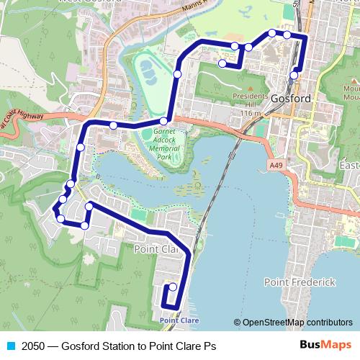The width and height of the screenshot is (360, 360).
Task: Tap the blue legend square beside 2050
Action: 10,346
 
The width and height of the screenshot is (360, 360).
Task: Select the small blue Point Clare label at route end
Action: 179,320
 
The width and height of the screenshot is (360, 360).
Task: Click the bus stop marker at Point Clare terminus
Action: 172,287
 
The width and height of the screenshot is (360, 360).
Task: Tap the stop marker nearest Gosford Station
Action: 294,75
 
